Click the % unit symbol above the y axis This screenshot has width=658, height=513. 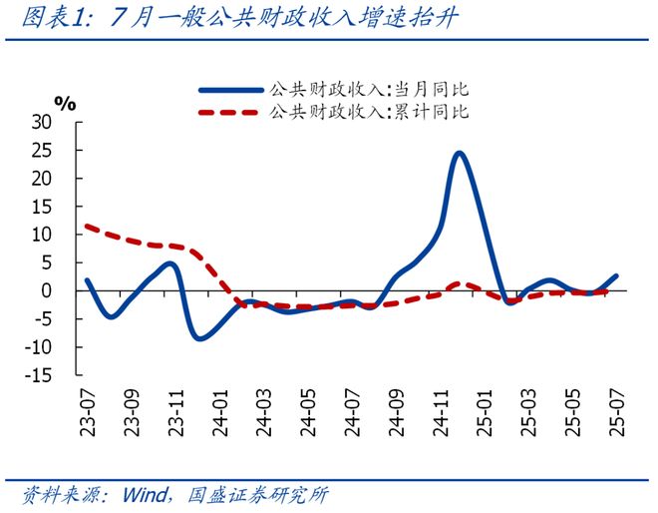click(65, 102)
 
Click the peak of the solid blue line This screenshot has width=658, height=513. click(459, 153)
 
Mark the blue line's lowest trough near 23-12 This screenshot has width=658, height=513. click(199, 338)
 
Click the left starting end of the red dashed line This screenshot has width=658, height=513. click(87, 226)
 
